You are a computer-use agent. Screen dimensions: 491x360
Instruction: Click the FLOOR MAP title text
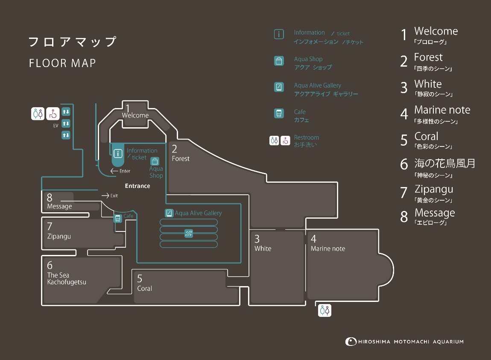point(62,63)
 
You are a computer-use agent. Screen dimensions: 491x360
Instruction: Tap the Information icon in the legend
point(279,34)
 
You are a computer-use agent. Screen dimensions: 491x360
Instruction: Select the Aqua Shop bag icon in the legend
point(279,61)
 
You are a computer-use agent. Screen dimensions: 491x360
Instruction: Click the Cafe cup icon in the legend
point(279,113)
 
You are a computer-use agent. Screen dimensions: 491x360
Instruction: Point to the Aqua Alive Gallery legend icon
point(279,87)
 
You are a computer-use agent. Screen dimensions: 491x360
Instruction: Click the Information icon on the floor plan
point(118,153)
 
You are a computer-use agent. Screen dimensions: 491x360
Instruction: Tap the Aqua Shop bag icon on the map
point(155,161)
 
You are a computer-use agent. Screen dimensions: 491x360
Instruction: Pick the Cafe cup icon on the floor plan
point(118,218)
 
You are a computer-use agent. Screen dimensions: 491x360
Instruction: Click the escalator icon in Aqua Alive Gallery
point(189,234)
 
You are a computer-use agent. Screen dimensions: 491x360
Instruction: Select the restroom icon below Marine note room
point(324,310)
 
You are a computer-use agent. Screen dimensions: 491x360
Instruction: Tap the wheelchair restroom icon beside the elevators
point(53,114)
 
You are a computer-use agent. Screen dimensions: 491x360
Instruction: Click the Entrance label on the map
point(137,186)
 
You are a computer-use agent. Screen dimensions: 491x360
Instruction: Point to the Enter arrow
point(114,171)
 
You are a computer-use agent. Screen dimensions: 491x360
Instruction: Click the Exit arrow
point(105,196)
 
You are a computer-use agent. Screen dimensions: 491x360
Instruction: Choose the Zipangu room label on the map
point(59,237)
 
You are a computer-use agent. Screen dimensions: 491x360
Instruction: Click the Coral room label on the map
point(144,288)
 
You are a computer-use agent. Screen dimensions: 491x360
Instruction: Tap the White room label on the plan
point(263,249)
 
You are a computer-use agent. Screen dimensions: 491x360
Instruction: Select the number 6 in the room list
point(404,164)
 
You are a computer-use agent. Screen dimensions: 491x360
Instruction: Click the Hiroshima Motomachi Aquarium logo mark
point(351,342)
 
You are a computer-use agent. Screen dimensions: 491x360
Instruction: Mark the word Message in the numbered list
point(435,213)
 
